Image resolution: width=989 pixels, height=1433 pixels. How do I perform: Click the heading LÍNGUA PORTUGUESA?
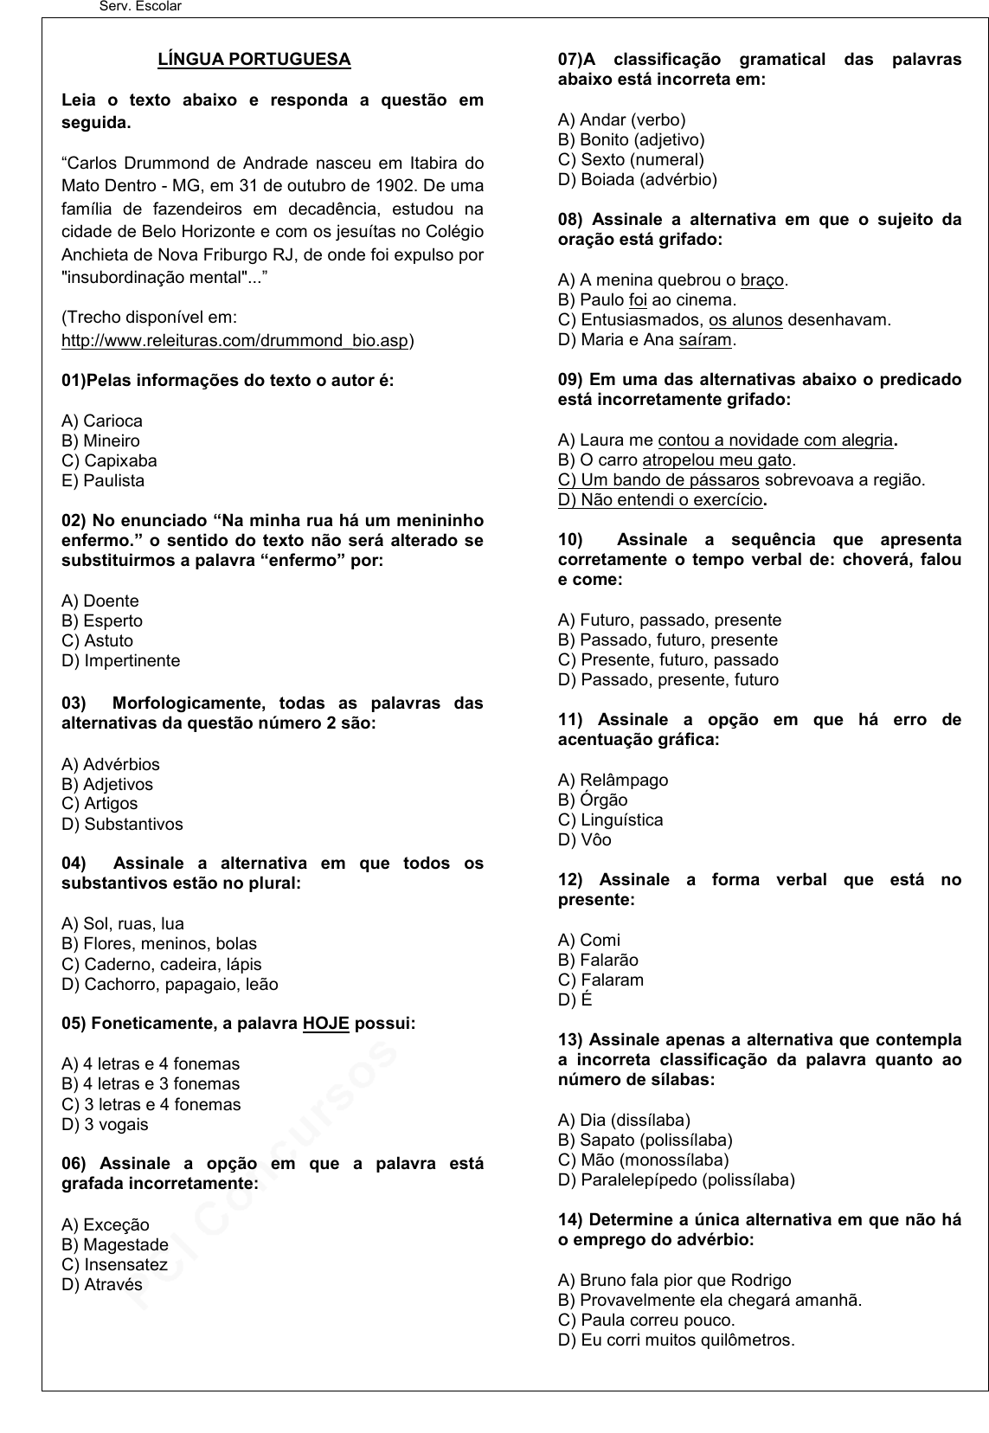(254, 60)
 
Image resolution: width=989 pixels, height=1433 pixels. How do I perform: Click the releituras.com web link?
(234, 340)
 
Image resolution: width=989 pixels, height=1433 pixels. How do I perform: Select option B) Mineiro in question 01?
(100, 441)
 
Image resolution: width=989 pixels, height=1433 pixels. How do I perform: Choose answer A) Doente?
(100, 601)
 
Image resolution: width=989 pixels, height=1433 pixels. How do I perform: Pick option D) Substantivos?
(122, 825)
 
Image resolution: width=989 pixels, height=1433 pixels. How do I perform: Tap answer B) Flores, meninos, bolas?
(159, 944)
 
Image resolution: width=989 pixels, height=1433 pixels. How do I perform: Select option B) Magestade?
(115, 1245)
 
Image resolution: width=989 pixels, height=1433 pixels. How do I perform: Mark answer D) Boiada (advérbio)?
(638, 180)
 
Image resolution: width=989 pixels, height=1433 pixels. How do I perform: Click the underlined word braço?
(762, 280)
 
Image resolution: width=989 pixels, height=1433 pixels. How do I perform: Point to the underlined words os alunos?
(745, 320)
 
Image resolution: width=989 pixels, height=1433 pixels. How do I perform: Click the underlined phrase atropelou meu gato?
(717, 460)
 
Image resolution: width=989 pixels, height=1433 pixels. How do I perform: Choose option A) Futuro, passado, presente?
(670, 620)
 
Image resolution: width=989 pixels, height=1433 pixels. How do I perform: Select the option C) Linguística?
(611, 820)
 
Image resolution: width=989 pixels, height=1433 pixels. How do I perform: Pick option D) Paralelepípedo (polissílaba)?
(677, 1180)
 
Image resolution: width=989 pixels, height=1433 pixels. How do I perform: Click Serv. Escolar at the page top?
(141, 7)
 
